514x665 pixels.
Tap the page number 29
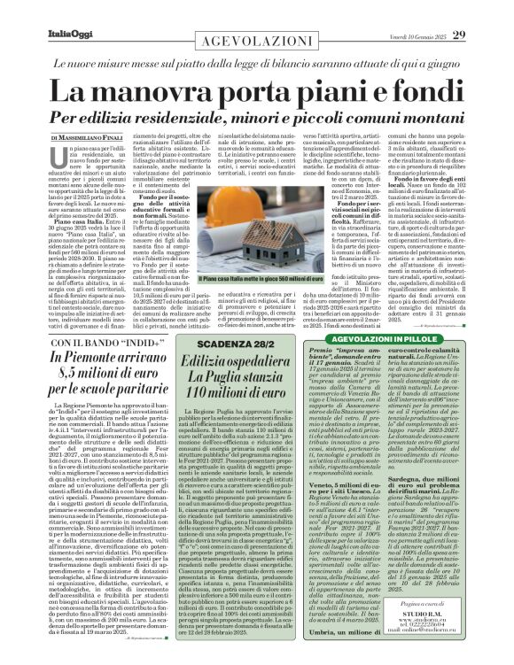pyautogui.click(x=483, y=11)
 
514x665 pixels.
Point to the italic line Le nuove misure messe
pyautogui.click(x=257, y=63)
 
